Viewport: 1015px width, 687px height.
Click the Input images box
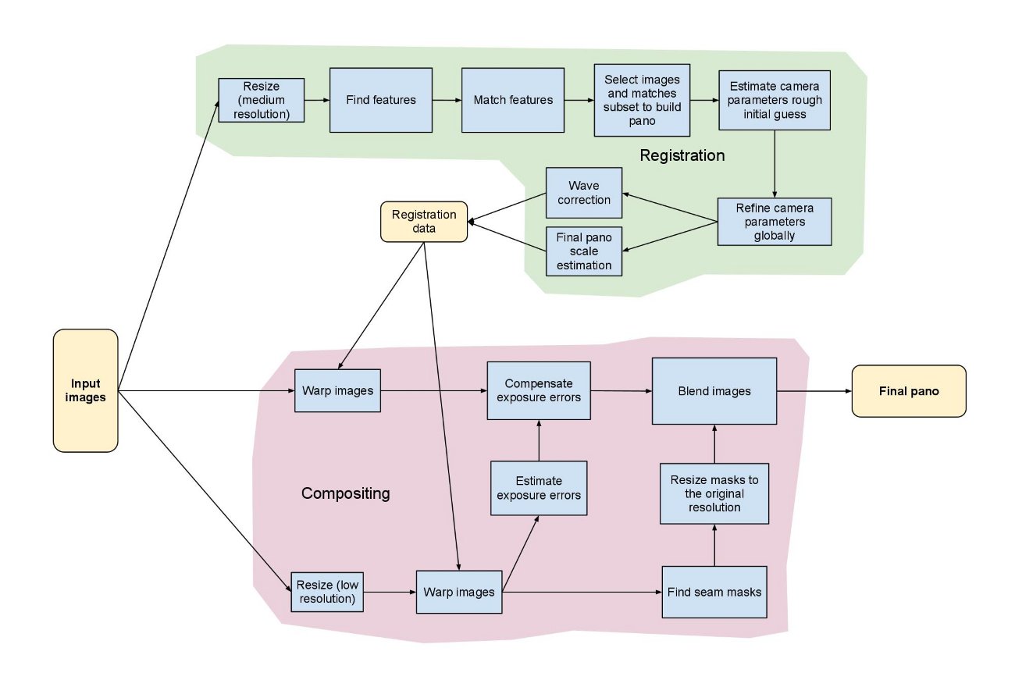click(x=85, y=390)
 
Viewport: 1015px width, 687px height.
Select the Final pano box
click(x=909, y=391)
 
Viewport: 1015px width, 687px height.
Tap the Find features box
click(x=381, y=100)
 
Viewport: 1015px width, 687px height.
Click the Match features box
click(x=513, y=100)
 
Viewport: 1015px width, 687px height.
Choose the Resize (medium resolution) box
click(x=261, y=100)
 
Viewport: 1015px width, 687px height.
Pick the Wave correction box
click(x=584, y=193)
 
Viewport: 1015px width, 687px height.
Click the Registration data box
click(x=423, y=222)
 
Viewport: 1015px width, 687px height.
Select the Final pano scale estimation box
click(x=584, y=251)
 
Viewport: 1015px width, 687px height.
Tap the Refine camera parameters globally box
click(x=775, y=222)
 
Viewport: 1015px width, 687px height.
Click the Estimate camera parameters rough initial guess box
click(x=775, y=100)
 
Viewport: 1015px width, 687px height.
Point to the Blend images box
click(x=714, y=391)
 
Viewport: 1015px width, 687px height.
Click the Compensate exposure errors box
click(x=538, y=391)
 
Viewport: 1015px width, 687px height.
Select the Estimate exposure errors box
click(x=539, y=488)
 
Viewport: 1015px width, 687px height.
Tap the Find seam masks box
click(x=714, y=592)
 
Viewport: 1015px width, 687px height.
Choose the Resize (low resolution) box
click(x=327, y=592)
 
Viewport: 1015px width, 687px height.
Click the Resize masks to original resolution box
click(x=714, y=493)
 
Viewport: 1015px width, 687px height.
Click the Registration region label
click(x=682, y=155)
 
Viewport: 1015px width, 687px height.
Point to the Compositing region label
click(x=345, y=494)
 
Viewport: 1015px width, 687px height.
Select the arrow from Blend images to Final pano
click(x=814, y=391)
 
